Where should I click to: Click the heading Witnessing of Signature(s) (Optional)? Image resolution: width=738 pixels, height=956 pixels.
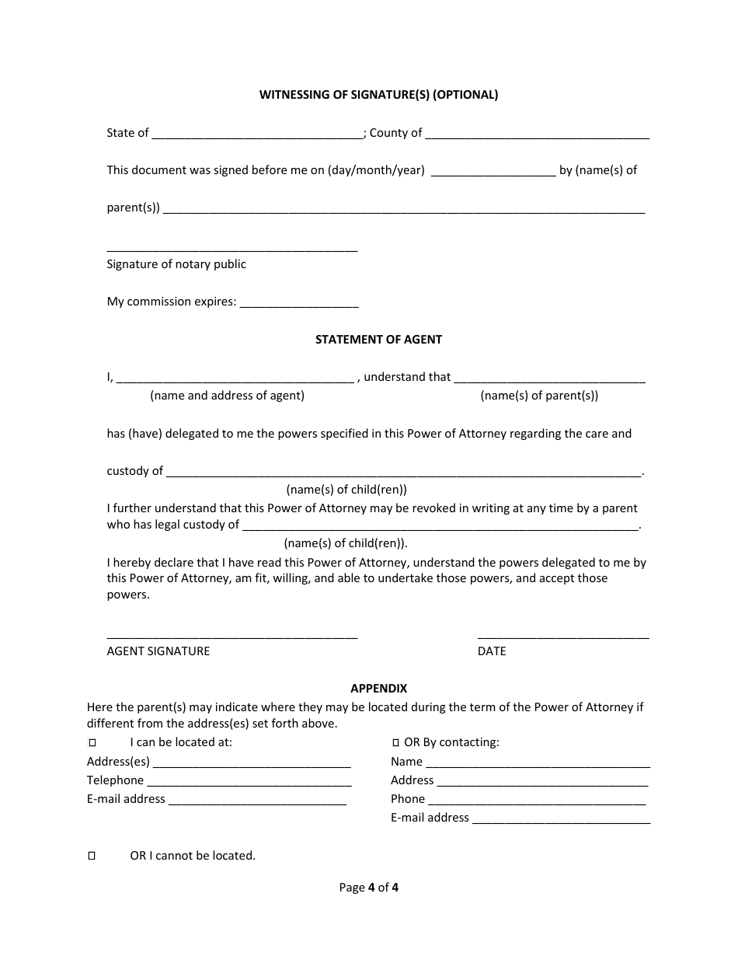pos(378,95)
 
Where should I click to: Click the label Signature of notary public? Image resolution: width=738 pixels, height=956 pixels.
pos(176,264)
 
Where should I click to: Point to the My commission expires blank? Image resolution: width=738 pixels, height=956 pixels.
pos(299,304)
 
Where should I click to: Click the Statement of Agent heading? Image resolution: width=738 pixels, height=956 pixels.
pos(378,340)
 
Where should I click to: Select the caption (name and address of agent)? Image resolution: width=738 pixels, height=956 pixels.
pos(227,396)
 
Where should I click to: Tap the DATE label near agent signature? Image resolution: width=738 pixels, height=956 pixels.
pos(492,651)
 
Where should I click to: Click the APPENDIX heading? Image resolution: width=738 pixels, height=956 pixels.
pos(378,689)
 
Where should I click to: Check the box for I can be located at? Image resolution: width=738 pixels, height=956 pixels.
pos(92,743)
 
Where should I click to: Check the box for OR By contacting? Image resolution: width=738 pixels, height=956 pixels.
pos(396,743)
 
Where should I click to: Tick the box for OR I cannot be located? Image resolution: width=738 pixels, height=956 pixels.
pos(92,856)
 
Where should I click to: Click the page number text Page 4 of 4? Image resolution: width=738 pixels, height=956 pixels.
pos(369,888)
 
